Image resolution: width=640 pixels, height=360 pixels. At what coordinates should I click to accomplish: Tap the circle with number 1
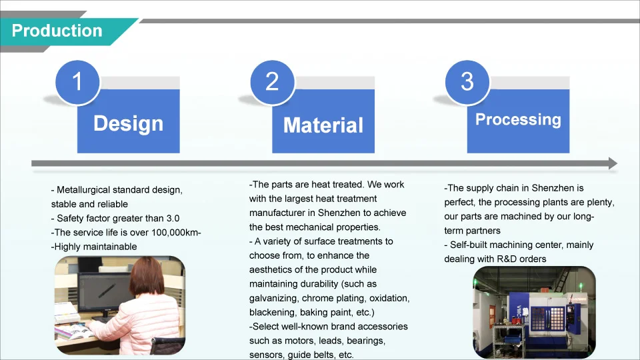[77, 82]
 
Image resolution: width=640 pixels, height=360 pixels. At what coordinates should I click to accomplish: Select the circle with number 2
[272, 82]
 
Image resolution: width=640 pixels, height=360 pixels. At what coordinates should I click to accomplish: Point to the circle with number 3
[467, 82]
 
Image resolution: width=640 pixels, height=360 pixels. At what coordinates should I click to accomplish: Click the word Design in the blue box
[128, 124]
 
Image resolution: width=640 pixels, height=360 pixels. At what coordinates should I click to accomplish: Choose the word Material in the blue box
[323, 125]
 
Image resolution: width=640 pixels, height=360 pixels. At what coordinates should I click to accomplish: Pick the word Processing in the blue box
[518, 119]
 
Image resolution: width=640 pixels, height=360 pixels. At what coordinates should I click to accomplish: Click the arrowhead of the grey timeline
[613, 163]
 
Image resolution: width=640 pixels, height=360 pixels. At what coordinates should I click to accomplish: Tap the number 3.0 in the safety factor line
[173, 219]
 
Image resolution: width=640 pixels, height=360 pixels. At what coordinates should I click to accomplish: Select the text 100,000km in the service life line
[174, 233]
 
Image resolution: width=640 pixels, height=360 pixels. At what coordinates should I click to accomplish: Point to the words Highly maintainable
[95, 247]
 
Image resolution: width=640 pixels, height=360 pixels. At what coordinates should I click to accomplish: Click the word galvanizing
[274, 299]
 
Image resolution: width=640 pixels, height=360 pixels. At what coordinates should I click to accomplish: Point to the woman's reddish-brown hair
[147, 276]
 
